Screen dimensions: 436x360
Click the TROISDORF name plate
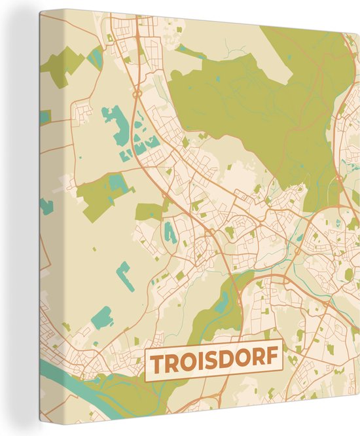tap(214, 361)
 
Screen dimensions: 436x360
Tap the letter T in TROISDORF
tap(157, 362)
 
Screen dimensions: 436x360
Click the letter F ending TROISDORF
tap(271, 362)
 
